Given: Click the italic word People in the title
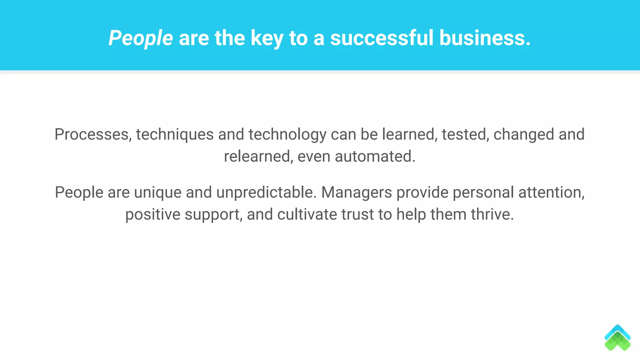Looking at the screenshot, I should point(140,38).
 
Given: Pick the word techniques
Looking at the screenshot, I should point(175,134).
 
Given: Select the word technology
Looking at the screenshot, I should point(287,134).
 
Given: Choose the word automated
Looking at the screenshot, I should point(375,156).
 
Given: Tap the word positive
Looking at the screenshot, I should point(153,215).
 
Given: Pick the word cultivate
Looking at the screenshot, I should point(307,214).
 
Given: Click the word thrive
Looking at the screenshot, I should point(492,214).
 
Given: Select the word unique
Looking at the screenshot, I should point(158,192).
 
